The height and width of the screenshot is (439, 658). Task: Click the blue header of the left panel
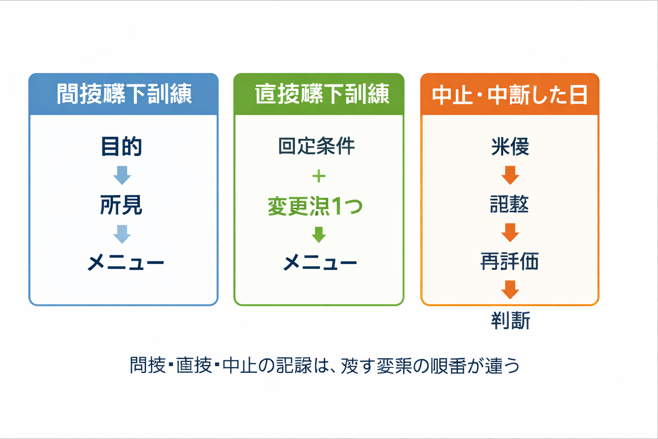pos(124,94)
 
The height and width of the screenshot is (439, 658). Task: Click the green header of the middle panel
pos(319,94)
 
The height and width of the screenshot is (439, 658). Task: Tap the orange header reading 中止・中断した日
pos(510,95)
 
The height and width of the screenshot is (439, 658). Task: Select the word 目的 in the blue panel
pos(121,147)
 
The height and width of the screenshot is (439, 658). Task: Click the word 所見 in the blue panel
pos(121,205)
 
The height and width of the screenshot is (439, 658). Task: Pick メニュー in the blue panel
pos(126,262)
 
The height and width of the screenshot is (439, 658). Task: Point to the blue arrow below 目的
pos(122,175)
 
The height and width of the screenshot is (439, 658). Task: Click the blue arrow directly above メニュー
pos(122,234)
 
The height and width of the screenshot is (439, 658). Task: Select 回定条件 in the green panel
pos(317,146)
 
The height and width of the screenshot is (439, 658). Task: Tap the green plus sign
pos(319,176)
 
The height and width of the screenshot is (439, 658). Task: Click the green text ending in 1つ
pos(315,206)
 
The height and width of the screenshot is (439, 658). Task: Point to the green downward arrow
pos(319,235)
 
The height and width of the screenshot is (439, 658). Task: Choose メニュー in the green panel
pos(320,262)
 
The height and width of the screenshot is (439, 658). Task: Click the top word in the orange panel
pos(510,147)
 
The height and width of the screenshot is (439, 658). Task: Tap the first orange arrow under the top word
pos(510,175)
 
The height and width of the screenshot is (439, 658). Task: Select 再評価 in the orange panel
pos(510,262)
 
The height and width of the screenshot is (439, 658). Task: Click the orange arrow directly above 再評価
pos(510,233)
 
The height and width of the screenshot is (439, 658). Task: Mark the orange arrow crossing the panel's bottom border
pos(510,290)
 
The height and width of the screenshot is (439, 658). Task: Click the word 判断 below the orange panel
pos(511,321)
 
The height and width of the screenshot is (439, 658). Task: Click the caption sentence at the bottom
pos(325,366)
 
